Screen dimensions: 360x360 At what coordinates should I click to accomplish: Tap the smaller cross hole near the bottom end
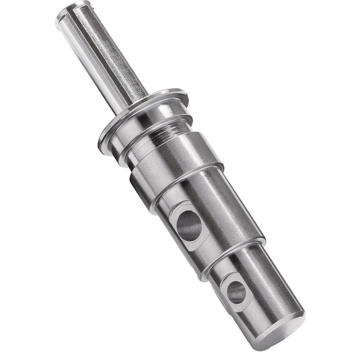click(236, 290)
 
